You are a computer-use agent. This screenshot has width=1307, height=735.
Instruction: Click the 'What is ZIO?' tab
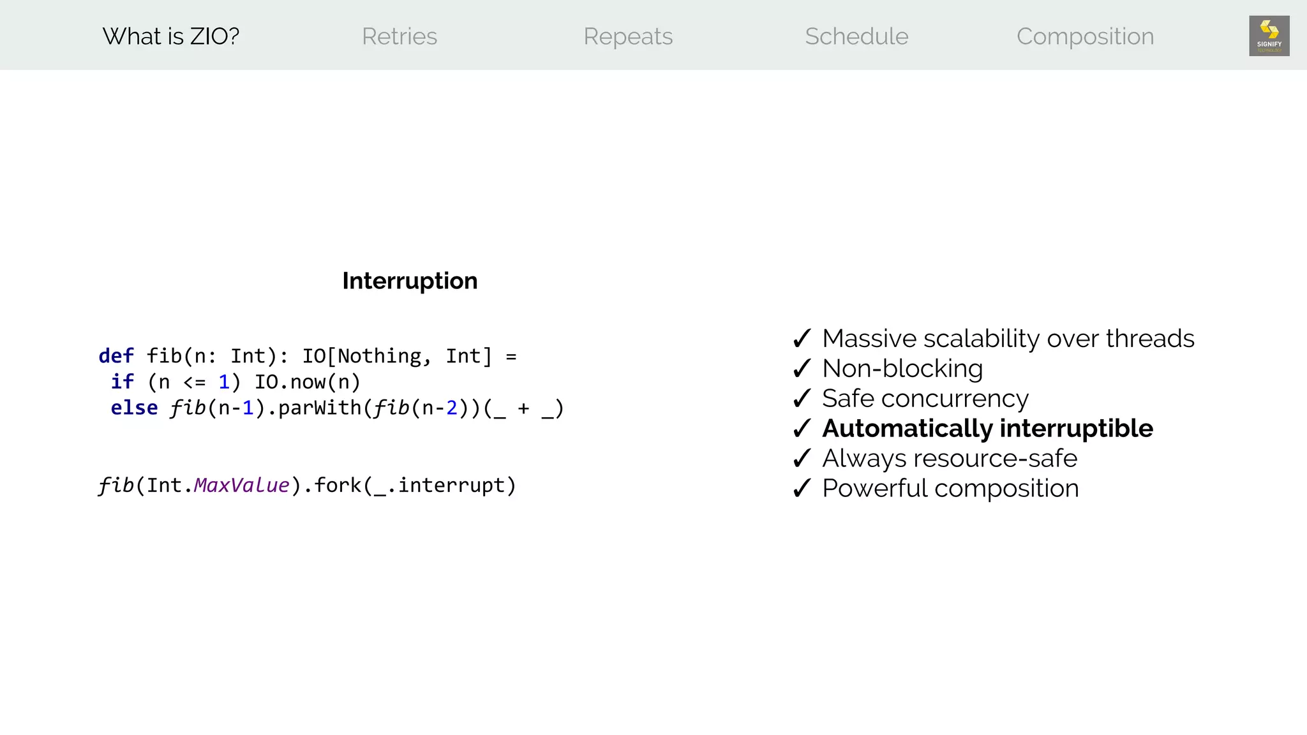click(170, 36)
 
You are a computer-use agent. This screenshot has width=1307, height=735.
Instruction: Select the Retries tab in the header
click(400, 36)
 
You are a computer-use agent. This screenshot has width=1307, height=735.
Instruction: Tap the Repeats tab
click(628, 36)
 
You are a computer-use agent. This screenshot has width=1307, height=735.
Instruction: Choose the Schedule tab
click(856, 36)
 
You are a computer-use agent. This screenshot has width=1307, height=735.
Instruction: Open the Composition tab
click(1085, 36)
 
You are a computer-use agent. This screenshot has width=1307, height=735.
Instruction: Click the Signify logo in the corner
click(1269, 36)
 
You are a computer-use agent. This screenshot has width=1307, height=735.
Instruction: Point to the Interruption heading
click(410, 281)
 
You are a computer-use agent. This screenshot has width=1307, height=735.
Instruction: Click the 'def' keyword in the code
click(116, 356)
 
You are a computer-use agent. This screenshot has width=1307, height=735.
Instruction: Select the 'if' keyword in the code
click(122, 382)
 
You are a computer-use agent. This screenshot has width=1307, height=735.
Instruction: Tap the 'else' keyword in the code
click(134, 408)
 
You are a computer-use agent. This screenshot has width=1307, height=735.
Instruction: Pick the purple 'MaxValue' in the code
click(241, 486)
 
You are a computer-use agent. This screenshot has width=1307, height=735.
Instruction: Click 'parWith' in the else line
click(320, 408)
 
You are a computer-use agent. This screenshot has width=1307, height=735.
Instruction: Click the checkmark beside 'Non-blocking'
click(802, 368)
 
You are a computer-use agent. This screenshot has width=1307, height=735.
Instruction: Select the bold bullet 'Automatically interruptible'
click(987, 428)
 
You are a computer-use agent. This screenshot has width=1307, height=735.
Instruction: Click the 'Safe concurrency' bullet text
click(925, 398)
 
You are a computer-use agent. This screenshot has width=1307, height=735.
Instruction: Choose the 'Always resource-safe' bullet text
click(949, 458)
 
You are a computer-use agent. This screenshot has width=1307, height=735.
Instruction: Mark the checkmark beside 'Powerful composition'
click(802, 488)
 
